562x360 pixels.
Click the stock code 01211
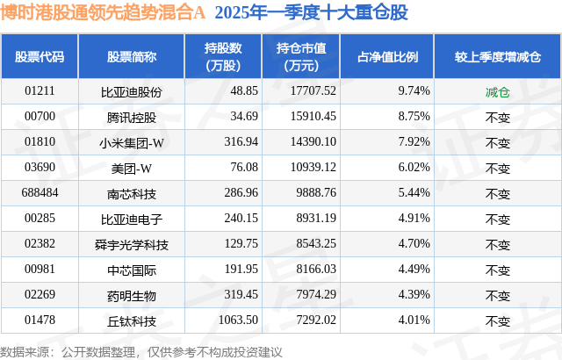click(x=40, y=90)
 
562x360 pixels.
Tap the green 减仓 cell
click(x=497, y=90)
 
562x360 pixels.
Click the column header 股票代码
click(x=40, y=56)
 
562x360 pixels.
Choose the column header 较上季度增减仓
click(x=497, y=56)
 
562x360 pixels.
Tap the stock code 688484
click(x=40, y=192)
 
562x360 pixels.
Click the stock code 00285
click(x=40, y=218)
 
